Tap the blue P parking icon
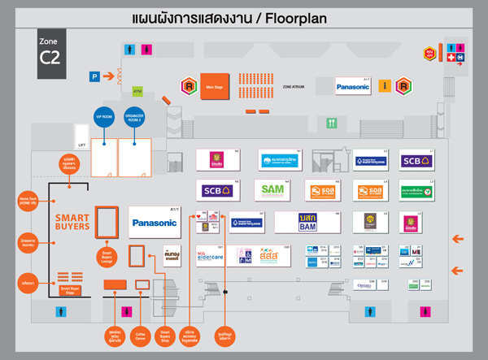pos(94,76)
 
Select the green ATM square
pos(137,91)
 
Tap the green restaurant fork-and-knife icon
pos(331,123)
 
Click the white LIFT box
pos(81,135)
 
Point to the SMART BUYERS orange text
pos(72,223)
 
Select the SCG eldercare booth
pos(215,255)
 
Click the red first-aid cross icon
pos(452,59)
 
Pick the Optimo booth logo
pos(366,285)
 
